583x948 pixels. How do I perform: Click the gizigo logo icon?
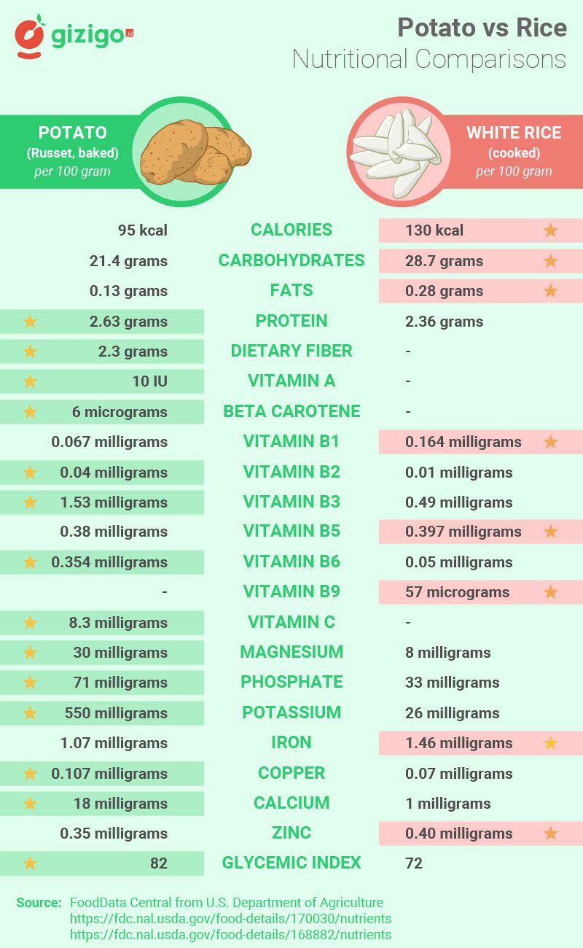31,36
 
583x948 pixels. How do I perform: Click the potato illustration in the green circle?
194,152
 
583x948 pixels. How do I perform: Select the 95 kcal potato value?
143,230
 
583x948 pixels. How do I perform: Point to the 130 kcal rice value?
434,230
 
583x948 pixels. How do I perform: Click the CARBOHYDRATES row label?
291,260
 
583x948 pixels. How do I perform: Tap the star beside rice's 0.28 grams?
550,291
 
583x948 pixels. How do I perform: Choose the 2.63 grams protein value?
128,321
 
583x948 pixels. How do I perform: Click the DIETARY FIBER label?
291,351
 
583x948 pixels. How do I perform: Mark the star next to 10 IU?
30,381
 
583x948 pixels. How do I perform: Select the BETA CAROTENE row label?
291,411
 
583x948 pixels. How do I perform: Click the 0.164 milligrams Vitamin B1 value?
463,442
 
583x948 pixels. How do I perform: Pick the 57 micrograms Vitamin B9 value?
458,592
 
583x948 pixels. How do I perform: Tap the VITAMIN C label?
291,622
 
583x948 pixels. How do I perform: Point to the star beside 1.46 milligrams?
550,743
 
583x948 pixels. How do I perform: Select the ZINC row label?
291,833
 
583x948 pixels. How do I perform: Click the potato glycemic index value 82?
159,863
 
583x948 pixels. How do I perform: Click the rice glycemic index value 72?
414,863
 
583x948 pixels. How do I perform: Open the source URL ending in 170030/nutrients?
230,919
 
